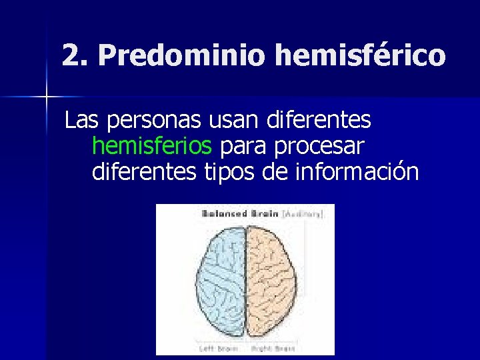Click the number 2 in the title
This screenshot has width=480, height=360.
(x=71, y=55)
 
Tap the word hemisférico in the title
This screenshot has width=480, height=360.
(x=359, y=55)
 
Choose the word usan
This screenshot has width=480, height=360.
(x=225, y=121)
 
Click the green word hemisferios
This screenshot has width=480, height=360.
(x=153, y=146)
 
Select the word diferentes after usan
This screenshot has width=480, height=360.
(x=318, y=121)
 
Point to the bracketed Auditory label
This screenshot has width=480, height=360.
(x=303, y=214)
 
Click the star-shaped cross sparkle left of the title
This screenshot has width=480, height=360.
(x=46, y=98)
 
